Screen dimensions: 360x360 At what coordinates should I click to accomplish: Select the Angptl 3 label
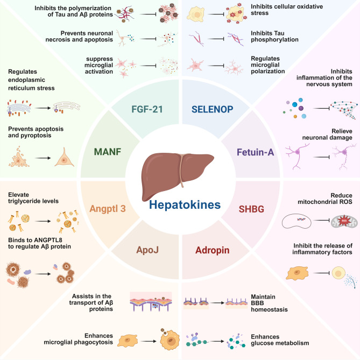pyautogui.click(x=103, y=208)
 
